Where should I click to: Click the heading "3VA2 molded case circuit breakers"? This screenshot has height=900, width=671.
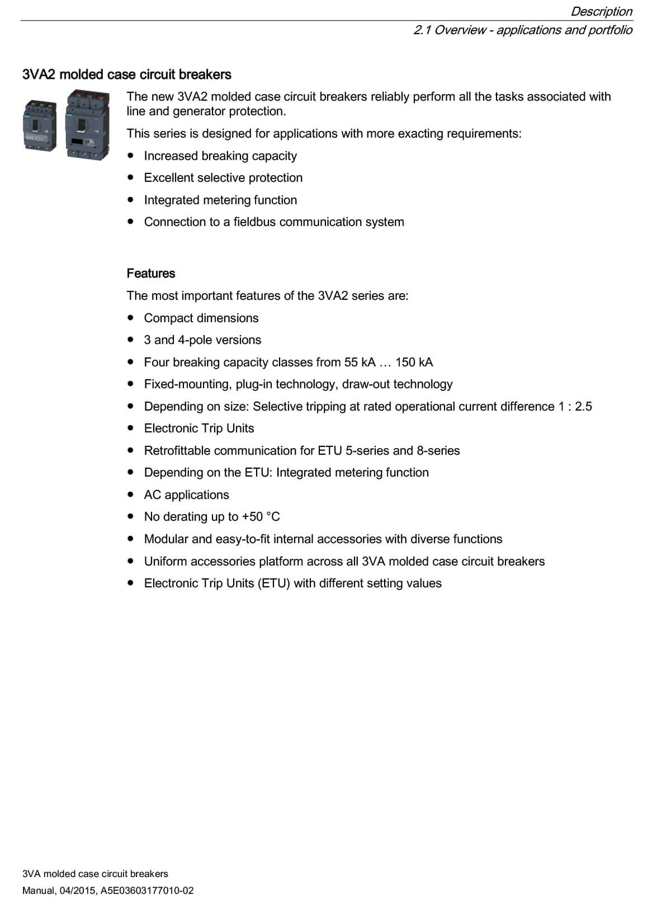[127, 74]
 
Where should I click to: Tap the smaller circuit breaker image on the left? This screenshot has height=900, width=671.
[40, 126]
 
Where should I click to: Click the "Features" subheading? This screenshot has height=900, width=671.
[150, 274]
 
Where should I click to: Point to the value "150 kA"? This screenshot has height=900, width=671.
[414, 362]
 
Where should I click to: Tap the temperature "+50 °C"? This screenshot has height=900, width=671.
[261, 517]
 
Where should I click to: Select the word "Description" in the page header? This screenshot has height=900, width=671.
[601, 11]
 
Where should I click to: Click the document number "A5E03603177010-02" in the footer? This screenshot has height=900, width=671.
[147, 890]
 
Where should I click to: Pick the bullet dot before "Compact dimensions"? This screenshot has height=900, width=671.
[131, 318]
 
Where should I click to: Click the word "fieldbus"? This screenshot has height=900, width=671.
[254, 222]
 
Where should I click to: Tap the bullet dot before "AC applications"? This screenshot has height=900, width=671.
[131, 494]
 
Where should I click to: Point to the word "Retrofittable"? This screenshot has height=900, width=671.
[177, 451]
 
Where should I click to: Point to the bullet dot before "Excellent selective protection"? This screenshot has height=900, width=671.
[131, 177]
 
